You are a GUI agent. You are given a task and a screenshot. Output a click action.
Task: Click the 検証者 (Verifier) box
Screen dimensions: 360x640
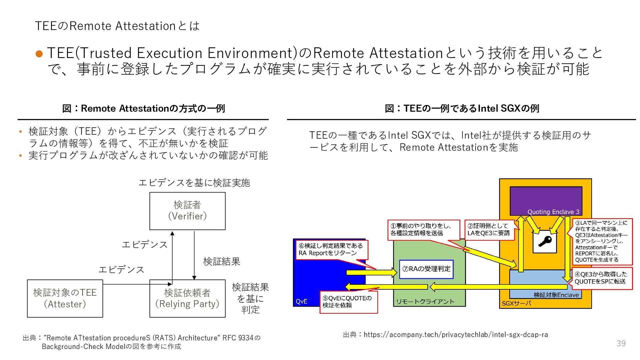187,211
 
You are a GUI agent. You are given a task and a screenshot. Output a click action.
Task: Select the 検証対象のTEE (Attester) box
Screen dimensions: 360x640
65,298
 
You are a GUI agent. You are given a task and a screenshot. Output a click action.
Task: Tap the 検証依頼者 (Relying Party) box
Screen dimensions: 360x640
187,298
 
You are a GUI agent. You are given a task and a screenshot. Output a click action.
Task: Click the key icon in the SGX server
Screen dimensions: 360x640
545,241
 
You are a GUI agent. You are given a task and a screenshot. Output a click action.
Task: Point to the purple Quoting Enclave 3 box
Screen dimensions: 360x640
546,201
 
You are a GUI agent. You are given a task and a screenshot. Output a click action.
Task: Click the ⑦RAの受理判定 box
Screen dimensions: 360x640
426,269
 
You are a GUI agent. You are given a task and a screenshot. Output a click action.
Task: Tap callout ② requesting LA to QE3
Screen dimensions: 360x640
489,230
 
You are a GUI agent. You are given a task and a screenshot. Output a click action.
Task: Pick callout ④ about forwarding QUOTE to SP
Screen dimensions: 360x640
602,278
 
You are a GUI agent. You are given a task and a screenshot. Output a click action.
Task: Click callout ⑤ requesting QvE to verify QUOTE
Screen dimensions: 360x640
348,302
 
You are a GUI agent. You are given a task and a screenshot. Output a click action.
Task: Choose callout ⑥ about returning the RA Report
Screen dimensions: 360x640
332,249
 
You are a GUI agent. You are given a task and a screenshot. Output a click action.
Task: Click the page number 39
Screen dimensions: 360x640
621,344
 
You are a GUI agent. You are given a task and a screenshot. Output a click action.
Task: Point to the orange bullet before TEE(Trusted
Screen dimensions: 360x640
39,54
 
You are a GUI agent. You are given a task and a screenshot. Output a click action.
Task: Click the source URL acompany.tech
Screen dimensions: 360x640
455,334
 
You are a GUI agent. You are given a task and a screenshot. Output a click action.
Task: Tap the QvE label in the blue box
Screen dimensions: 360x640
302,301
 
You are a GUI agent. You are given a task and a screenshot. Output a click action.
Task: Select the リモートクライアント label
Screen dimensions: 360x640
425,302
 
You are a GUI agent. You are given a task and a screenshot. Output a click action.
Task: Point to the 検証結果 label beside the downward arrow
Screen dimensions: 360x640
222,262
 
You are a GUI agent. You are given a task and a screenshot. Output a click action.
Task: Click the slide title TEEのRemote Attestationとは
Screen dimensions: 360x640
117,26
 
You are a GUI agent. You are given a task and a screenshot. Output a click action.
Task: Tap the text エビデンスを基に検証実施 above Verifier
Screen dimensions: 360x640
194,183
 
